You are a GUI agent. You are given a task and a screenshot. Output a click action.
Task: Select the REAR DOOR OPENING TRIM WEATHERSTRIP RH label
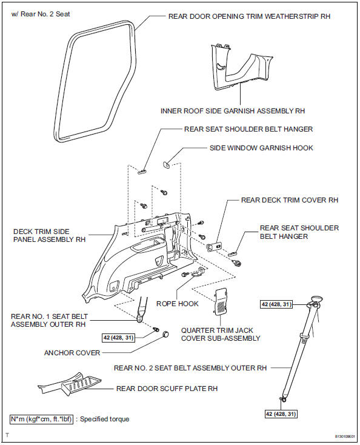[248, 17]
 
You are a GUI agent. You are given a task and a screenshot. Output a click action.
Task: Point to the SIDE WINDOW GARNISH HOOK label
[261, 147]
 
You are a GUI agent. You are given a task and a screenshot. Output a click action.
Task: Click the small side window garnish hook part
[167, 164]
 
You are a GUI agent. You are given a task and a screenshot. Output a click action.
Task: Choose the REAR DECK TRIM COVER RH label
[289, 199]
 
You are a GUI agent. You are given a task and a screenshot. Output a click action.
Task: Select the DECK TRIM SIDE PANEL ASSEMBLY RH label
[48, 235]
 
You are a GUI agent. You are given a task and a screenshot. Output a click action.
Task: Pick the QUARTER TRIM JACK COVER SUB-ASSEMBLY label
[219, 334]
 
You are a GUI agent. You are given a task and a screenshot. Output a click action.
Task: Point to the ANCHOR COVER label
[72, 353]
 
